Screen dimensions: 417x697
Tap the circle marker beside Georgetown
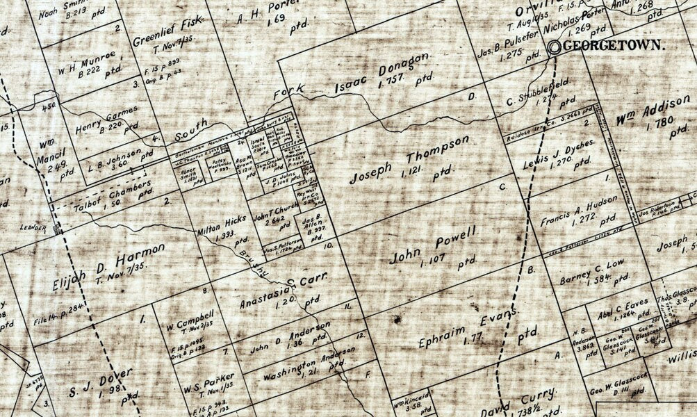(x=555, y=47)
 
